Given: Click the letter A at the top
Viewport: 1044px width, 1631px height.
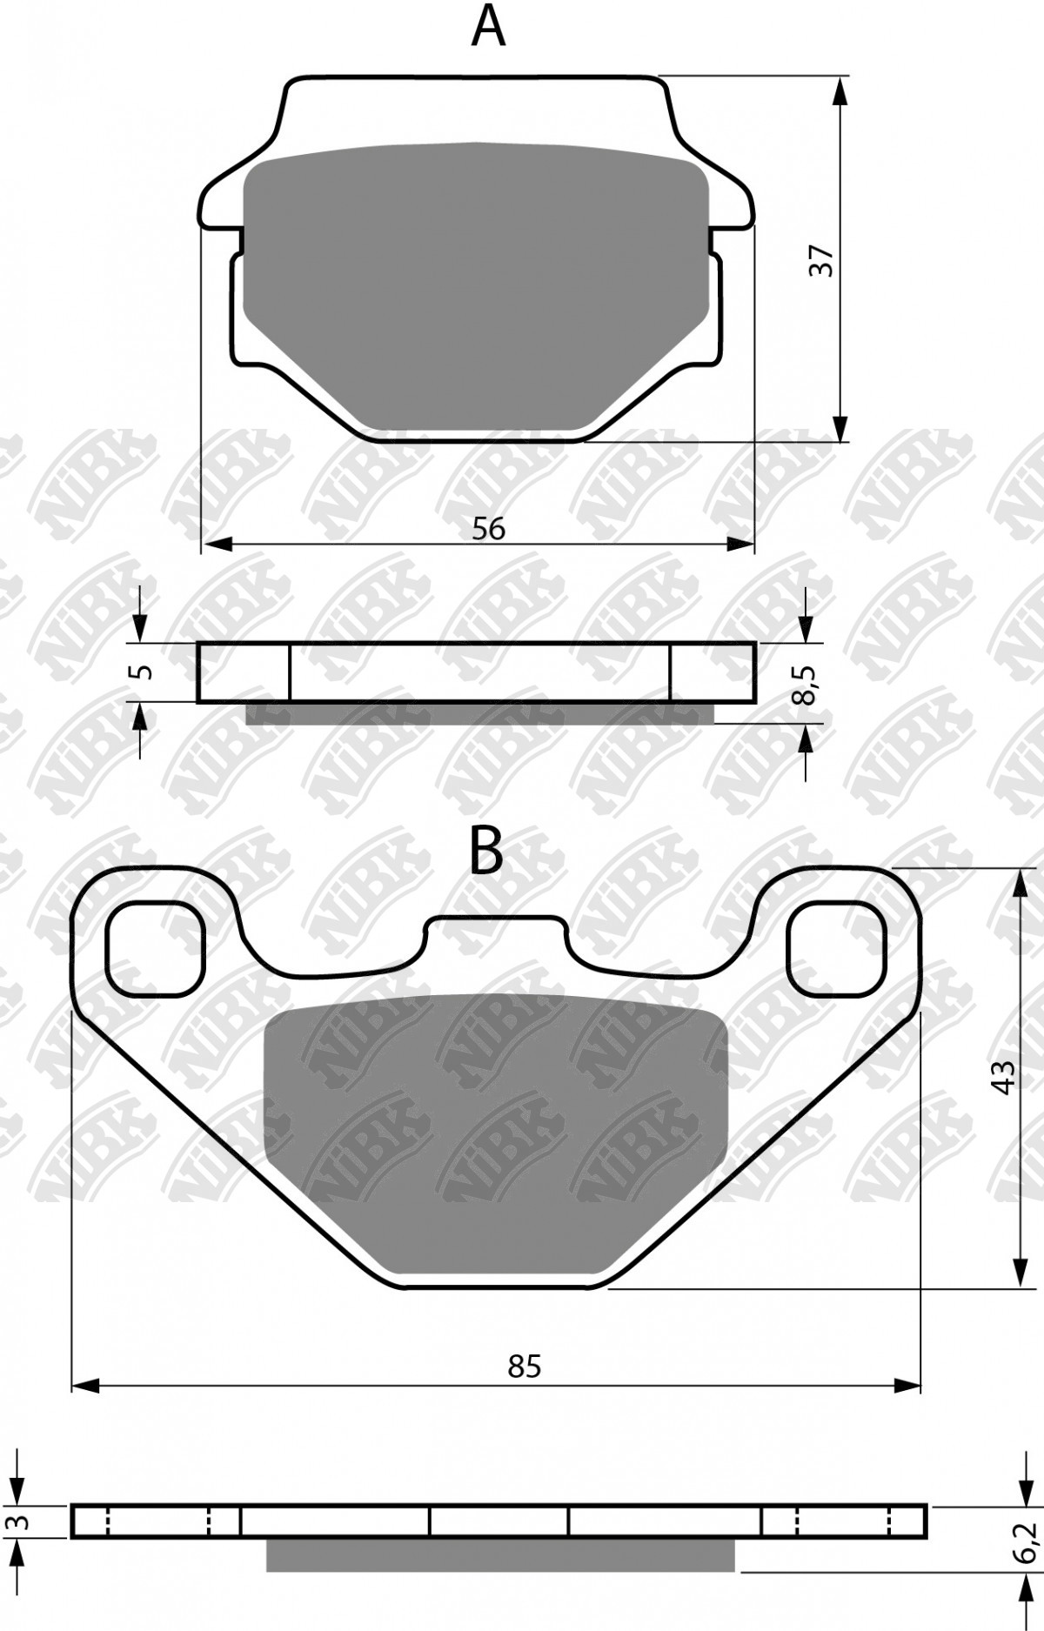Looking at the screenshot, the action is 488,25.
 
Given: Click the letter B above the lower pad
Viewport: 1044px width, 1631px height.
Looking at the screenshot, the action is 486,851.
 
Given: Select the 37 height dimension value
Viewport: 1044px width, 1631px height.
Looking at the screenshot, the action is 822,261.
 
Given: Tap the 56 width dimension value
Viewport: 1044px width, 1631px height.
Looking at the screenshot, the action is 489,528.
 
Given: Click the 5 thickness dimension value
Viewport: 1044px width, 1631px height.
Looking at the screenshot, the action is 144,672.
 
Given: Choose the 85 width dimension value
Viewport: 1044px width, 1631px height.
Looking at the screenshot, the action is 525,1367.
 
